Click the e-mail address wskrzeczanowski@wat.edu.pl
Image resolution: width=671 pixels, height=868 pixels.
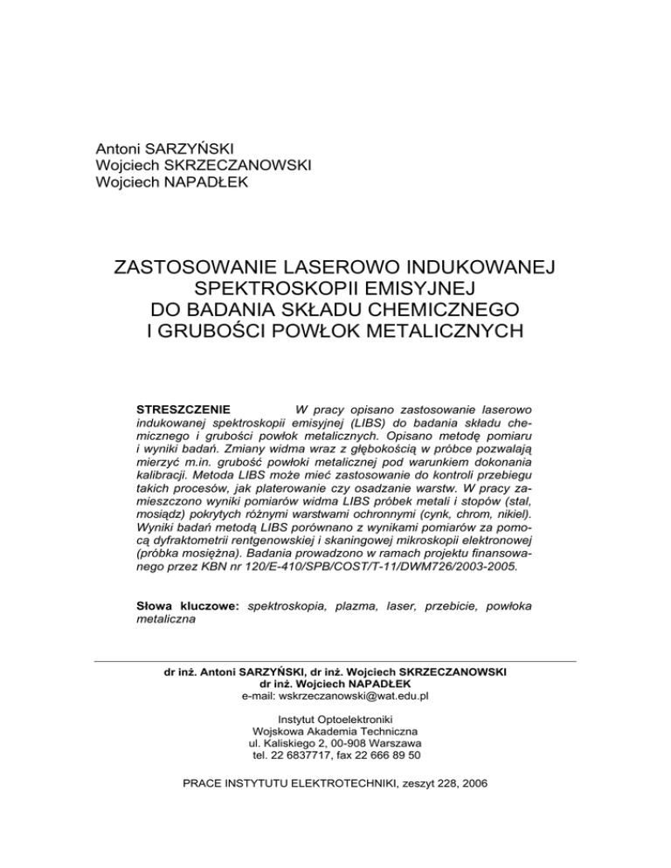335,697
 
